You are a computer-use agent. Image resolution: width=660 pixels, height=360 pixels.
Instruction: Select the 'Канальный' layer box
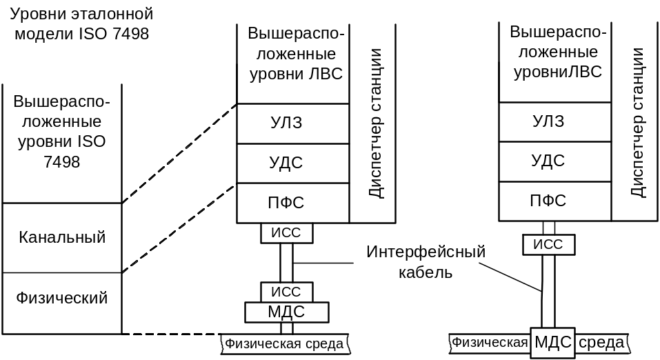pos(62,238)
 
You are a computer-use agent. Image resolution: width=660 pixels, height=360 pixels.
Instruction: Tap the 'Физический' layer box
pos(62,298)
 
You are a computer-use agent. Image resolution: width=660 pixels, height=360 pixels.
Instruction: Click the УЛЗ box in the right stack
pos(548,121)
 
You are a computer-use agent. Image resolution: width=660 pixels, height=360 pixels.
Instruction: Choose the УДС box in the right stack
pos(548,161)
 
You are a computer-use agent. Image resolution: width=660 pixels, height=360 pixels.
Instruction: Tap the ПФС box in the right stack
pos(548,201)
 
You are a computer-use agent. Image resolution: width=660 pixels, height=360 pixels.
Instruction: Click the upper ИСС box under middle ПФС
pos(286,233)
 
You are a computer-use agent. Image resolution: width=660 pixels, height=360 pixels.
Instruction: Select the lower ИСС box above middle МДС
pos(286,292)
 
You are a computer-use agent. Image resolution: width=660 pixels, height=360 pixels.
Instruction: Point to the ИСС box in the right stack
pos(549,245)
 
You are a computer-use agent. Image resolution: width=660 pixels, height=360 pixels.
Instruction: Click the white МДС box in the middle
pos(286,312)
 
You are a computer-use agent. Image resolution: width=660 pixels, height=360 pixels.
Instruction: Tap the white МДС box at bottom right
pos(554,343)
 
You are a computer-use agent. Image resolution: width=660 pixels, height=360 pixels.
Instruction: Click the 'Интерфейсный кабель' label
pos(426,262)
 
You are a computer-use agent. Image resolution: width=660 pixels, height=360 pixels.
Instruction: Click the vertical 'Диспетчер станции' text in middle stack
pos(375,123)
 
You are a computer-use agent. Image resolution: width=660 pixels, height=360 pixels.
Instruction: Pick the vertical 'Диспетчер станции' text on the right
pos(638,123)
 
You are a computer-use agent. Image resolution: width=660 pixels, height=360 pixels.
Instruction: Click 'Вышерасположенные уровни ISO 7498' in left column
pos(62,132)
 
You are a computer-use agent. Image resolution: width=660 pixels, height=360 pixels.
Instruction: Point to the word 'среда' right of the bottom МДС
pos(602,343)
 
